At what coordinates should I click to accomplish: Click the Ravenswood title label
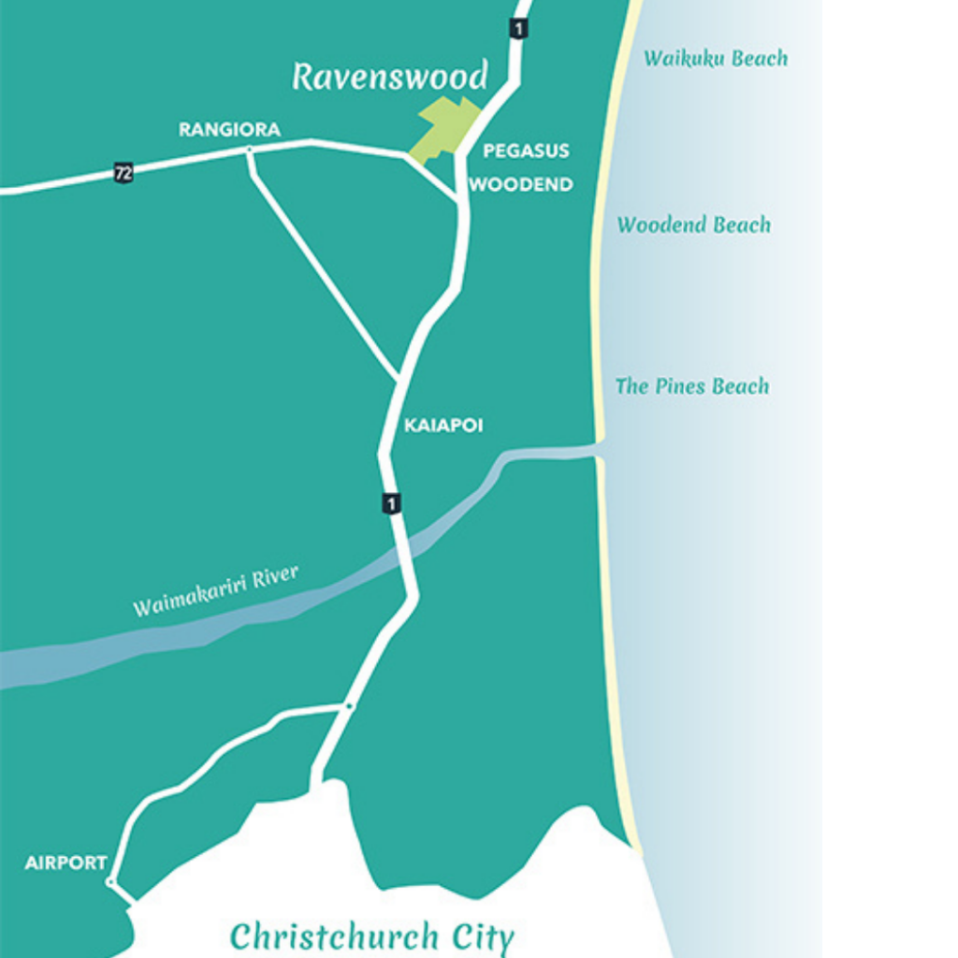click(x=389, y=77)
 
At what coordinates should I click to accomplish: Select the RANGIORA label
click(x=229, y=129)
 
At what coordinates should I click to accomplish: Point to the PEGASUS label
click(x=526, y=151)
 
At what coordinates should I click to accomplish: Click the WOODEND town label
click(x=521, y=184)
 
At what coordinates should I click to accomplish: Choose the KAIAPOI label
click(x=443, y=426)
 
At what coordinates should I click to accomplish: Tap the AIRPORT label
click(x=65, y=863)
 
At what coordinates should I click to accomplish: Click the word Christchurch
click(x=333, y=936)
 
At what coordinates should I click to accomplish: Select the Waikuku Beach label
click(x=715, y=58)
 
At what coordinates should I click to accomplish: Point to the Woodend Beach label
click(x=693, y=225)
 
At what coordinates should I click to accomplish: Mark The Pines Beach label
click(x=691, y=385)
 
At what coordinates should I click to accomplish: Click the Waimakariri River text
click(x=215, y=591)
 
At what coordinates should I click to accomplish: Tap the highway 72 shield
click(x=123, y=172)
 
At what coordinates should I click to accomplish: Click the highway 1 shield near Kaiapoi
click(x=391, y=502)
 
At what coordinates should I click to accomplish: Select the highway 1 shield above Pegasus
click(x=518, y=28)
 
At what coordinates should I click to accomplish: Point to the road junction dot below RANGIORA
click(x=249, y=151)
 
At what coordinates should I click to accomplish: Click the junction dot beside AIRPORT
click(x=111, y=881)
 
